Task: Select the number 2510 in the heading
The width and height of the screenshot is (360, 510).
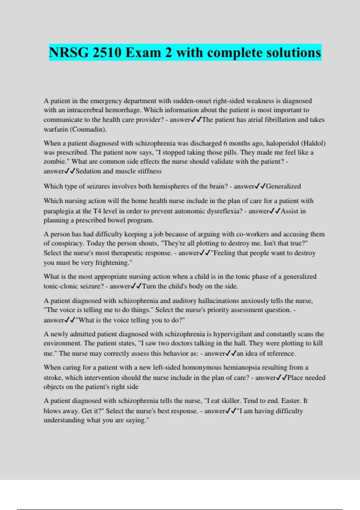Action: click(x=107, y=53)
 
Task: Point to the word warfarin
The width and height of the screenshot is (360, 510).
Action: click(x=55, y=130)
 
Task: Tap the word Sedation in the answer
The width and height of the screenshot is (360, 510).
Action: click(x=88, y=171)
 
